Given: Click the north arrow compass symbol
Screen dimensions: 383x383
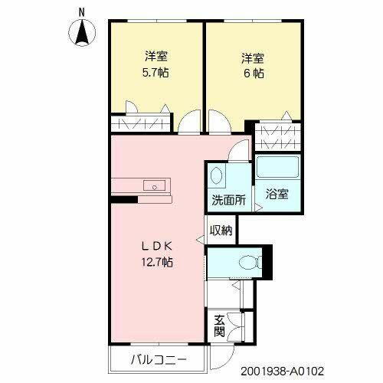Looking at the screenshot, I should [83, 32].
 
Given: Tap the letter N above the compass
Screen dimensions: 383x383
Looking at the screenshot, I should [83, 11].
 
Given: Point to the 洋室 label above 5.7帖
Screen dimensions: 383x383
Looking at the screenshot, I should [156, 57].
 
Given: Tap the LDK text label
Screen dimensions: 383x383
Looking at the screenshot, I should [160, 246].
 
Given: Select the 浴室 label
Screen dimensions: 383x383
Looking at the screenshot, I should [277, 194].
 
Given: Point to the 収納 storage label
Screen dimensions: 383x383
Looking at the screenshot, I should [221, 231].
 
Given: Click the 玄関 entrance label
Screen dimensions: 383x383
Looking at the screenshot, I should [218, 327].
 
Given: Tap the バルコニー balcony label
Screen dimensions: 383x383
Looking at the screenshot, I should [156, 360].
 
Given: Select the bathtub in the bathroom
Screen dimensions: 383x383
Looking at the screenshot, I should [278, 167].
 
